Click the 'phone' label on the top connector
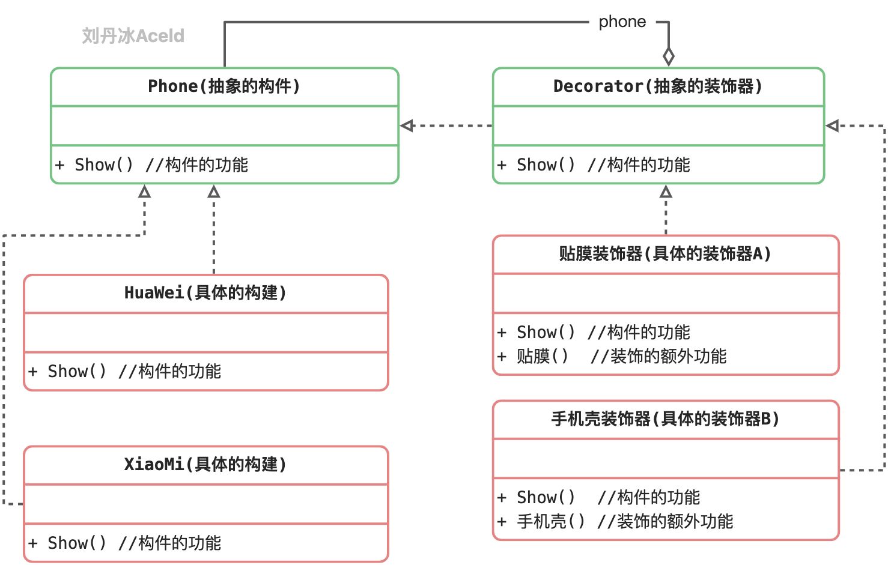(x=622, y=22)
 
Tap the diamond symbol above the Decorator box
(x=668, y=56)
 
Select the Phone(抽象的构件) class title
(x=224, y=86)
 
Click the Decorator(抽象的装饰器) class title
(x=658, y=86)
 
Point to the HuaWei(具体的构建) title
(x=205, y=293)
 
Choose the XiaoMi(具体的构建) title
(x=205, y=465)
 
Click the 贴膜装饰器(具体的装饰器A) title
(x=664, y=254)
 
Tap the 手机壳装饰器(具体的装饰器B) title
(x=664, y=419)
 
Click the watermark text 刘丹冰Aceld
(x=133, y=36)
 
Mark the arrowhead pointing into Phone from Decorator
(x=407, y=125)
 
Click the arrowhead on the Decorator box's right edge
(x=833, y=125)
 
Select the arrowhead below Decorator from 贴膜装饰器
(x=666, y=192)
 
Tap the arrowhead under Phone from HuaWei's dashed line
(x=214, y=192)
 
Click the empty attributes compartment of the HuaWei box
(x=205, y=332)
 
